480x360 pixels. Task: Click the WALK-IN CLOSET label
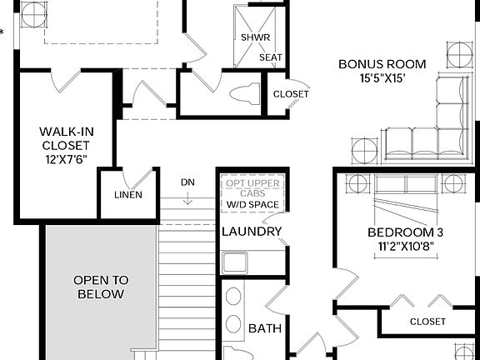pyautogui.click(x=64, y=138)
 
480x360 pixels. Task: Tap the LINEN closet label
pyautogui.click(x=127, y=195)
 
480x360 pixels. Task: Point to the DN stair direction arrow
pyautogui.click(x=188, y=198)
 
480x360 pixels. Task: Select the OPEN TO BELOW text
pyautogui.click(x=100, y=287)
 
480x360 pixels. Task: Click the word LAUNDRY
pyautogui.click(x=252, y=232)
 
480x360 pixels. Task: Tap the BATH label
pyautogui.click(x=265, y=329)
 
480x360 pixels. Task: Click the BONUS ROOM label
pyautogui.click(x=382, y=63)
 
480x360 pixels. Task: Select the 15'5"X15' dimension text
pyautogui.click(x=382, y=78)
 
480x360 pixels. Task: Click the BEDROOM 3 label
pyautogui.click(x=401, y=232)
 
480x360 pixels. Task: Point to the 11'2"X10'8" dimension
pyautogui.click(x=401, y=247)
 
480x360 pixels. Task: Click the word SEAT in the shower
pyautogui.click(x=270, y=57)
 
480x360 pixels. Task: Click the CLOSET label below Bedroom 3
pyautogui.click(x=427, y=322)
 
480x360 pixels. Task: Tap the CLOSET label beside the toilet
pyautogui.click(x=291, y=94)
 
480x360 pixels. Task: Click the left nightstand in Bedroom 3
pyautogui.click(x=357, y=183)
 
